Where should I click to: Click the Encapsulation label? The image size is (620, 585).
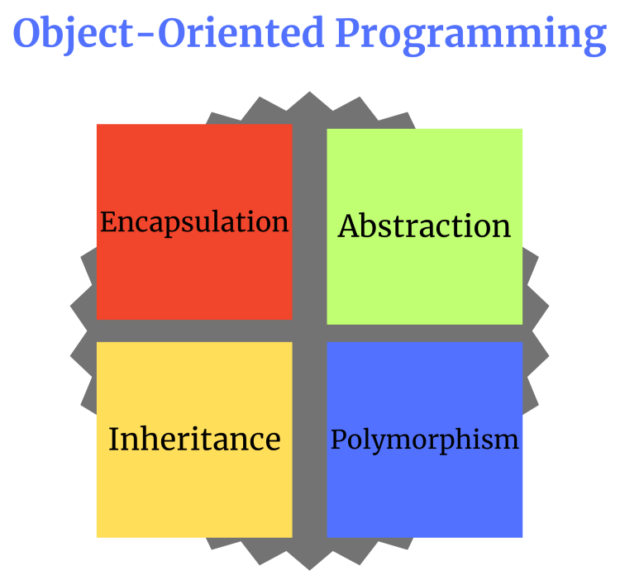pos(194,222)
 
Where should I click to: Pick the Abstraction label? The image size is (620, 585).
pos(424,226)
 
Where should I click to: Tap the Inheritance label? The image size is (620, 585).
pos(194,439)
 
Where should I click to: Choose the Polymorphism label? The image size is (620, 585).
pos(424,440)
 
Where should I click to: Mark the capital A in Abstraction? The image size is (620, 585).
pos(348,226)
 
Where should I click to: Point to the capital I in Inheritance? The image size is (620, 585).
pos(113,439)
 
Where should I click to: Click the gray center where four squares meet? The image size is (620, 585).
pos(310,331)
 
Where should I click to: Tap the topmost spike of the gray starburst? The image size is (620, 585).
pos(310,94)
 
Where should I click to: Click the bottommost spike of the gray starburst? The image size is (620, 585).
pos(310,567)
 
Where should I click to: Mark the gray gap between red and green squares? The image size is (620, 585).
pos(310,223)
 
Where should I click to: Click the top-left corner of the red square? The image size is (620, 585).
pos(98,126)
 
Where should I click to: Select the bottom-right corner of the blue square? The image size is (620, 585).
pos(521,535)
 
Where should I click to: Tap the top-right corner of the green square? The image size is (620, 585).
pos(521,131)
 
